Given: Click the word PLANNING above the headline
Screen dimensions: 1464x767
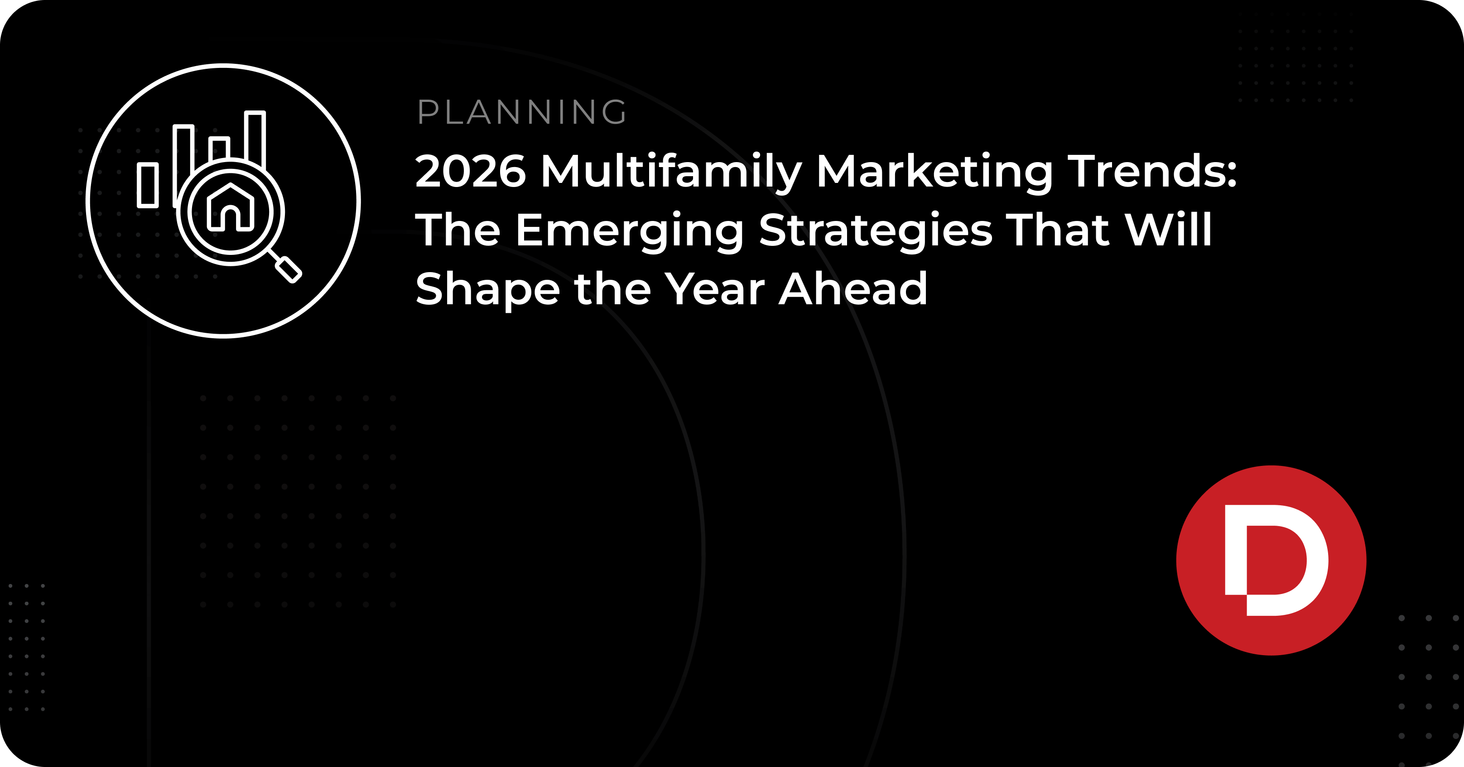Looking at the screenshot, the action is tap(522, 112).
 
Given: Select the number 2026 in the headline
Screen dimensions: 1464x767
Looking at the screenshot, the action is tap(471, 171).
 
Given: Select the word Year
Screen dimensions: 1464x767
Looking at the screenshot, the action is tap(715, 288).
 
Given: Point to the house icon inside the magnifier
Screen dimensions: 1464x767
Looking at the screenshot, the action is tap(230, 208).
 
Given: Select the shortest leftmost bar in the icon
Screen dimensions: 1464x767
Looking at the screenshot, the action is tap(148, 185).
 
